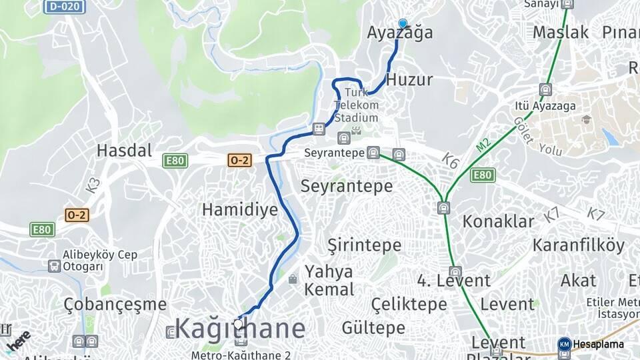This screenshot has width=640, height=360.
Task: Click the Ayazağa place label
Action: click(399, 33)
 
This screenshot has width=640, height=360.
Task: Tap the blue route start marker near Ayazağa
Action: click(403, 24)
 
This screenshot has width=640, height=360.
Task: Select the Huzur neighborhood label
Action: click(409, 80)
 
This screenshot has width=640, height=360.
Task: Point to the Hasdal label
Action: click(124, 150)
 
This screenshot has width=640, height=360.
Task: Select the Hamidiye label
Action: click(239, 210)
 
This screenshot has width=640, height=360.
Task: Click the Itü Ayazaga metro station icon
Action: click(545, 89)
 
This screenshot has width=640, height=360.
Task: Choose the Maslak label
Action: click(561, 32)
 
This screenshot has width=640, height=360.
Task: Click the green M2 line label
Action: click(483, 145)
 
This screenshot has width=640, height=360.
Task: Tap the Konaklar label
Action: click(499, 221)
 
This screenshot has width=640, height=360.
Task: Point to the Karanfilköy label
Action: click(579, 245)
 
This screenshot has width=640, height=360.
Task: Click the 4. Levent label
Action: click(454, 281)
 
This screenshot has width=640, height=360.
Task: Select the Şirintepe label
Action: click(364, 245)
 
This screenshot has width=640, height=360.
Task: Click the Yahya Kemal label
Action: click(329, 281)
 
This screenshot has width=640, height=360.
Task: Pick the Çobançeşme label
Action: click(115, 305)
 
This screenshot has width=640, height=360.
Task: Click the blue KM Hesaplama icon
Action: click(564, 345)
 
